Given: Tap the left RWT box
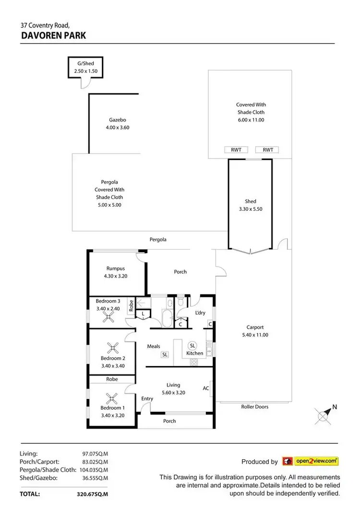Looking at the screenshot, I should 236,150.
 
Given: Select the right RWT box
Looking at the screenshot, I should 267,150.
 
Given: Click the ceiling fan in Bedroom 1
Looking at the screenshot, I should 112,397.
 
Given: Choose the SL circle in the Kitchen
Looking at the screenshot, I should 192,345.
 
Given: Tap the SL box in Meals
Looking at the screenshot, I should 165,355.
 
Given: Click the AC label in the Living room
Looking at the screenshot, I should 206,388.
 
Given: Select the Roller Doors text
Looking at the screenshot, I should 254,407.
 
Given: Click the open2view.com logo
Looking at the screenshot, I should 311,461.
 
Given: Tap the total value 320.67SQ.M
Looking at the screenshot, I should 92,493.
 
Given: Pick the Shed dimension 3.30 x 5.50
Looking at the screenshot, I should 251,209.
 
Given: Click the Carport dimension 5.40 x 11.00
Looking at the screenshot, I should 254,335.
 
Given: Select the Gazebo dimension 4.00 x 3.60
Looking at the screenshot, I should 118,128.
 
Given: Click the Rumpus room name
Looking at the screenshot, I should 116,269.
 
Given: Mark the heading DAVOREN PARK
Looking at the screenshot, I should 53,36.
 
